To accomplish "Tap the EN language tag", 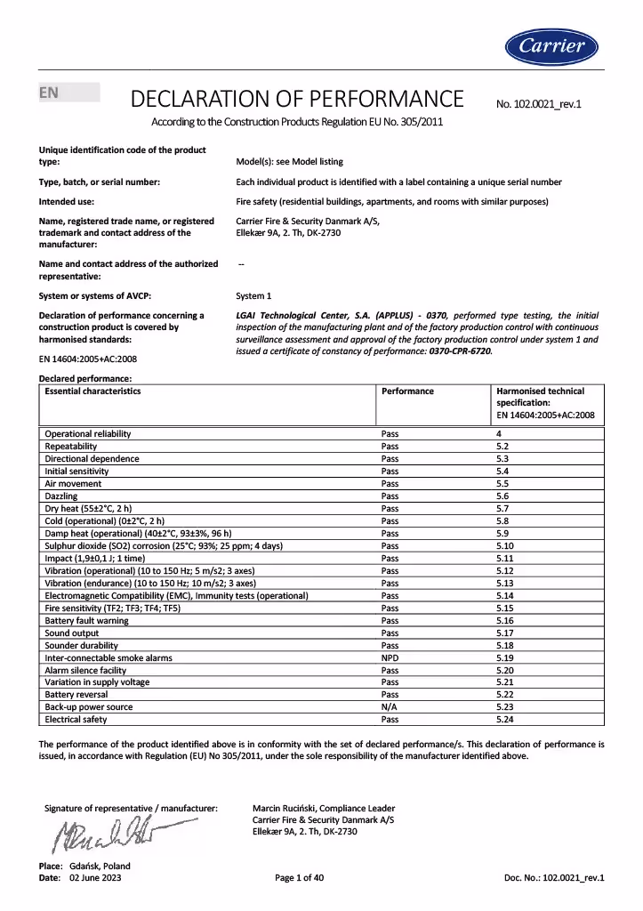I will pos(48,93).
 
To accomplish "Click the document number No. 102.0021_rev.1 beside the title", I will pos(538,104).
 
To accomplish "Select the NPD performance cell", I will pos(390,657).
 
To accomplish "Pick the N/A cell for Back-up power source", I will pos(390,706).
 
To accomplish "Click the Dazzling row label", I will pos(61,496).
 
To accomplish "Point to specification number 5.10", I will pos(505,545).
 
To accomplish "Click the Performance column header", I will pos(407,391).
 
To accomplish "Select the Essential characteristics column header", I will pos(92,391).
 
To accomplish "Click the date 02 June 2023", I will pos(95,877).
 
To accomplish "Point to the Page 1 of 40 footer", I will pos(300,877).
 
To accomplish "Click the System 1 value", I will pos(253,295).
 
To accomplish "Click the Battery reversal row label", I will pos(76,694).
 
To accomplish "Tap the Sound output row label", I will pos(71,633).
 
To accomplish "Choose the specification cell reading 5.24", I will pos(505,719).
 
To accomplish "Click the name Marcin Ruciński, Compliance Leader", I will pos(324,808).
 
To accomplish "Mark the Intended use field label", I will pos(68,201).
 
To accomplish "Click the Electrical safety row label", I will pos(76,719).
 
